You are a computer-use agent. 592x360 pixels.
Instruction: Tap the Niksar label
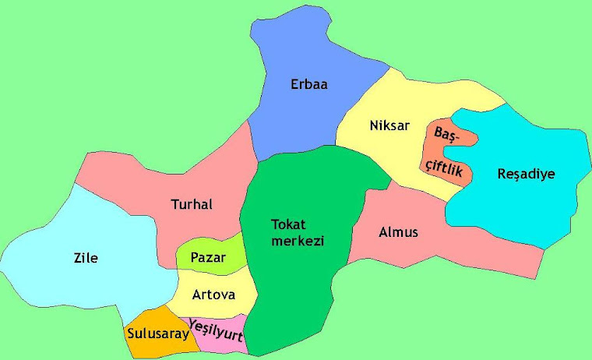(x=389, y=125)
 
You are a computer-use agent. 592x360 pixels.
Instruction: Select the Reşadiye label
(x=526, y=174)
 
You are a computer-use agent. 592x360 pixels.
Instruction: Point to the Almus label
(x=398, y=232)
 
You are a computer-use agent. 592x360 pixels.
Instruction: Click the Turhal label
(x=191, y=204)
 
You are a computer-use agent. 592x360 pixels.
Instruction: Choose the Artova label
(x=212, y=294)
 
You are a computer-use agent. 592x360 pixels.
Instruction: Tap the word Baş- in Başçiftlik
(x=448, y=136)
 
